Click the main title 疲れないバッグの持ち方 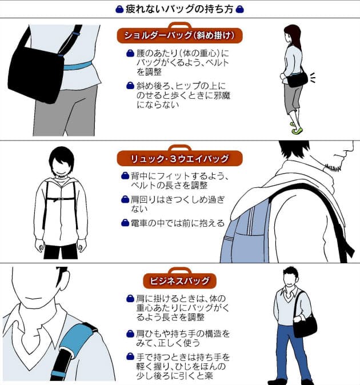(x=179, y=9)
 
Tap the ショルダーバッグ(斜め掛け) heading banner (x=180, y=35)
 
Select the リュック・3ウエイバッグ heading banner (x=180, y=158)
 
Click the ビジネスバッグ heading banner (x=180, y=280)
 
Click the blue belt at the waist (x=78, y=66)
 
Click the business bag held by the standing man (x=305, y=326)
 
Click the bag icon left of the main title (x=119, y=10)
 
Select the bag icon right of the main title (x=239, y=10)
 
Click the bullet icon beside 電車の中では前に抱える (x=125, y=223)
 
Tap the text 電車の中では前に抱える (x=178, y=223)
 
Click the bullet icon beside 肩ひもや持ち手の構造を (x=130, y=334)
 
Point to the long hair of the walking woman (x=295, y=37)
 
